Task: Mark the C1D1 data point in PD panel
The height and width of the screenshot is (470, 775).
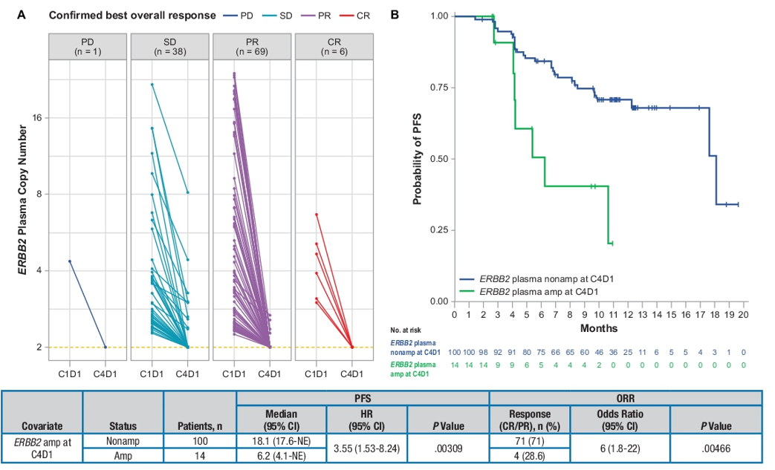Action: (69, 261)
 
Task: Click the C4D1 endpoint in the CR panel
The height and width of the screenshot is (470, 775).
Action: (351, 347)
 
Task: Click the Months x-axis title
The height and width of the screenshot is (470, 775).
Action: (598, 327)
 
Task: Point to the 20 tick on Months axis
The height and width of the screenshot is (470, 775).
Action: (744, 314)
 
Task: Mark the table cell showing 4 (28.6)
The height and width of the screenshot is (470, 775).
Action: (529, 455)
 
